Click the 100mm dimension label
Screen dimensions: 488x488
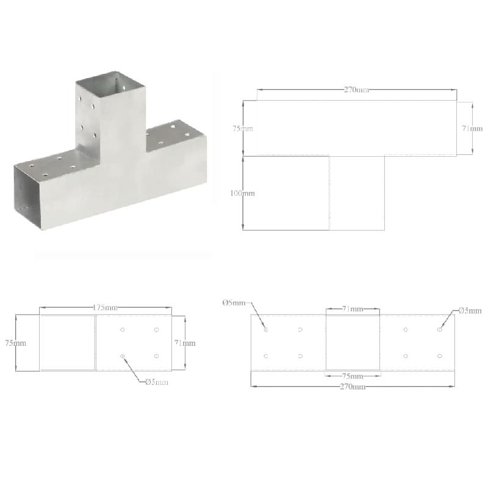pyautogui.click(x=242, y=193)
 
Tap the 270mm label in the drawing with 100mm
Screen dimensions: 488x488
pyautogui.click(x=356, y=90)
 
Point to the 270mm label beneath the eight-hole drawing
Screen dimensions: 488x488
pyautogui.click(x=353, y=387)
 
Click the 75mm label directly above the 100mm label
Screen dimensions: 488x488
pyautogui.click(x=242, y=129)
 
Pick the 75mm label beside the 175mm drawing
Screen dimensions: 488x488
pyautogui.click(x=15, y=343)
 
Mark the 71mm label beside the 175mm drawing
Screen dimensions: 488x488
pyautogui.click(x=184, y=343)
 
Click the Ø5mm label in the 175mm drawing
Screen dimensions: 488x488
pyautogui.click(x=157, y=382)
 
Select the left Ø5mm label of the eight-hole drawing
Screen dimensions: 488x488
pyautogui.click(x=234, y=303)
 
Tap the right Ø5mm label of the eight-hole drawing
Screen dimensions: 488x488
pyautogui.click(x=470, y=310)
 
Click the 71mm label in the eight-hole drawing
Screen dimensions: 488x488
pyautogui.click(x=352, y=309)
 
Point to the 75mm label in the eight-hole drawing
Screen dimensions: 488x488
pyautogui.click(x=352, y=376)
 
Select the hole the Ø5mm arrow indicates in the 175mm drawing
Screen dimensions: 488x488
pyautogui.click(x=123, y=356)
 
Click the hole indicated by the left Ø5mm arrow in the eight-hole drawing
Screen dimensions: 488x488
pyautogui.click(x=266, y=330)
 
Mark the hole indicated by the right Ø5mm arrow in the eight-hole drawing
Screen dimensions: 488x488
pyautogui.click(x=439, y=330)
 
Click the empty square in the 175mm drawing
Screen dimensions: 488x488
pyautogui.click(x=67, y=343)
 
